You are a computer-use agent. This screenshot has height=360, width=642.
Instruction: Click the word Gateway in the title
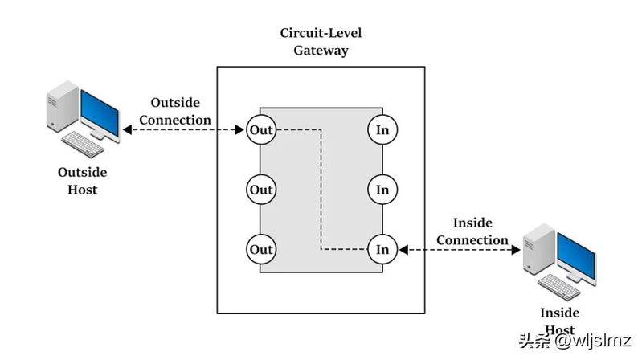point(321,51)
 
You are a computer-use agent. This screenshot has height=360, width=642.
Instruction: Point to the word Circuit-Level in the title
point(321,33)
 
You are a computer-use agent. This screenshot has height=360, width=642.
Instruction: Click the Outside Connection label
point(175,111)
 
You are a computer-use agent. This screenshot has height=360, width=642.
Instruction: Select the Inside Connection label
point(472,231)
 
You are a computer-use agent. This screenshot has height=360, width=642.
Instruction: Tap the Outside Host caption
point(82,181)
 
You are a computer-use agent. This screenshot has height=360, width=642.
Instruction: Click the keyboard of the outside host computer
point(83,144)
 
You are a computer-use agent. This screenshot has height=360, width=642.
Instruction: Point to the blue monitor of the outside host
point(100,113)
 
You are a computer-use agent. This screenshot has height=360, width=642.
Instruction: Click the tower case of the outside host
point(63,107)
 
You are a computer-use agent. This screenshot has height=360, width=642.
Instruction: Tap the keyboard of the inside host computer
point(559,287)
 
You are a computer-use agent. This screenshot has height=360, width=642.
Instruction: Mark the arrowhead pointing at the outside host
point(127,130)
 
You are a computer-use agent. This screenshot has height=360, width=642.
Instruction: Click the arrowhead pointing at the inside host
point(516,249)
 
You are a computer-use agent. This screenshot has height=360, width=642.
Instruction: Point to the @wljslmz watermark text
point(593,341)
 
